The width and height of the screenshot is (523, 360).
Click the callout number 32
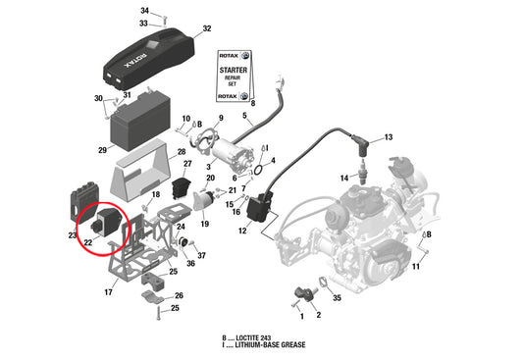pos(206,28)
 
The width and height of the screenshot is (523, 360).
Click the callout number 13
pos(388,137)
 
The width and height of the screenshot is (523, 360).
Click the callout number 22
pos(88,242)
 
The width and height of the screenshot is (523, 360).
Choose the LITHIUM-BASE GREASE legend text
pos(262,345)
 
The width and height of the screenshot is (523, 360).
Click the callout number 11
pos(416,267)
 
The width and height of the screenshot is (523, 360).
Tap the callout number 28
pos(183,152)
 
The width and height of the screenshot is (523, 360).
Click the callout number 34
pos(145,10)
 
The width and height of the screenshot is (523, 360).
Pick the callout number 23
pos(73,235)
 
